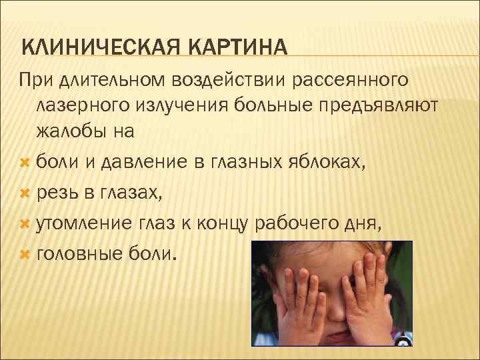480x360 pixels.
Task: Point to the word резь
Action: pos(57,194)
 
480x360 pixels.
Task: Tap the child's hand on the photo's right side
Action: pos(367,293)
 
